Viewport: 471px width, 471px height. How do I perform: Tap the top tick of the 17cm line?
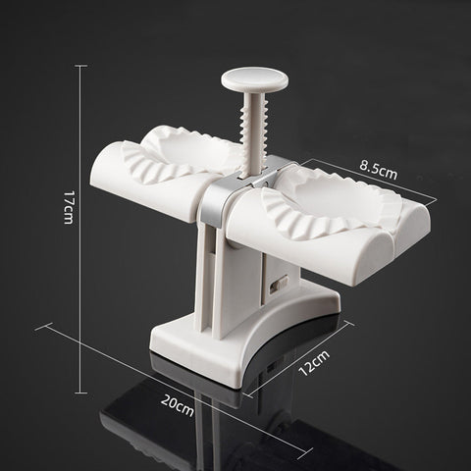click(x=80, y=67)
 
